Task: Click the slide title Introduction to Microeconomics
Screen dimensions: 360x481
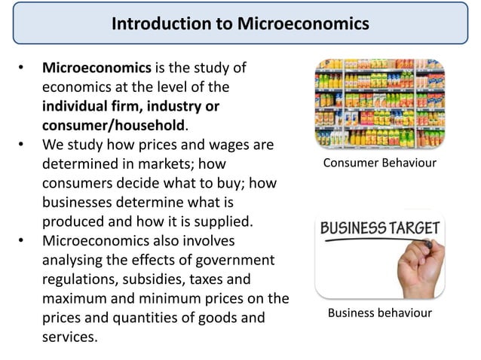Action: (x=240, y=23)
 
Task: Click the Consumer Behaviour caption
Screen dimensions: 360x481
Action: (x=380, y=163)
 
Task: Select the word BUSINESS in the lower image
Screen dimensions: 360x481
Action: (x=352, y=227)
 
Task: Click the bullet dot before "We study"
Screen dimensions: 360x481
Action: (x=22, y=143)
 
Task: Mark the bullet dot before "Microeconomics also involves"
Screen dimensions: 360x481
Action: (x=22, y=241)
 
